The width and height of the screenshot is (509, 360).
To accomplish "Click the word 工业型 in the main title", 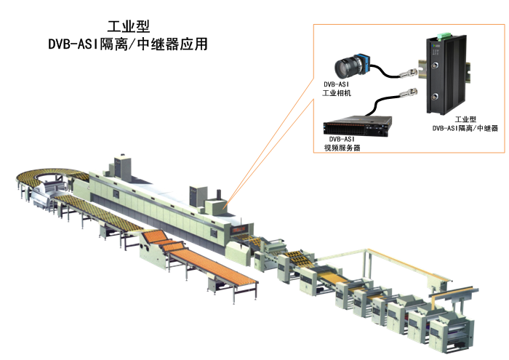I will tap(128, 27).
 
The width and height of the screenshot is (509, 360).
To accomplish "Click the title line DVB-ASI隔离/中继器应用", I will tap(128, 44).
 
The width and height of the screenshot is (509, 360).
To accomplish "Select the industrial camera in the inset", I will tap(353, 66).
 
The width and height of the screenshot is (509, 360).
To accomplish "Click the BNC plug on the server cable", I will tap(411, 94).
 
